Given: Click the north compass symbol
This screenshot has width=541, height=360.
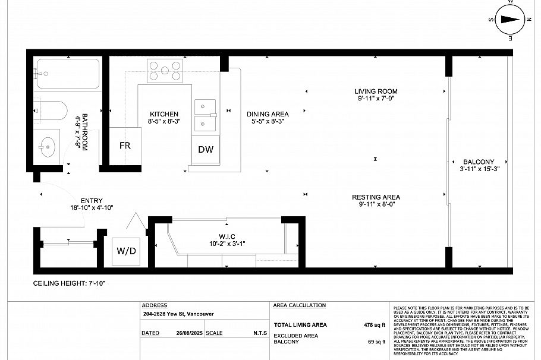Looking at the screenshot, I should click(509, 19).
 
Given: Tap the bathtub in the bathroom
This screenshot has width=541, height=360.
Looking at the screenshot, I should click(67, 74).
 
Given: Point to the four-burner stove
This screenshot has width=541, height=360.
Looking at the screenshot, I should click(165, 70).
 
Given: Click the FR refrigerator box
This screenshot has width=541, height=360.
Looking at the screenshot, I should click(124, 146).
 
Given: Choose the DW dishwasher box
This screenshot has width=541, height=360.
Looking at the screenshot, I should click(206, 150).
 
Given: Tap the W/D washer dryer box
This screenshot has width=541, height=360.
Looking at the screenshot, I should click(125, 251).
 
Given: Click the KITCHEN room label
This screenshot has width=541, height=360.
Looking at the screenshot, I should click(163, 114).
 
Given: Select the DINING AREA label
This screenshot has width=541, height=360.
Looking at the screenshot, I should click(268, 114).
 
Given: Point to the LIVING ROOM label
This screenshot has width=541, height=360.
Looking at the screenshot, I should click(376, 91).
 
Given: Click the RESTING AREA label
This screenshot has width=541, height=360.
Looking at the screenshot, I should click(376, 197).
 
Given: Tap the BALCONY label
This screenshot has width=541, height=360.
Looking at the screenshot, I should click(479, 162).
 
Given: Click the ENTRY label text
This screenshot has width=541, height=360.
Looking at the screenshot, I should click(92, 201).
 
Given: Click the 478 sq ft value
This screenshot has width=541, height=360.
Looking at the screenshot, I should click(375, 325).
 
